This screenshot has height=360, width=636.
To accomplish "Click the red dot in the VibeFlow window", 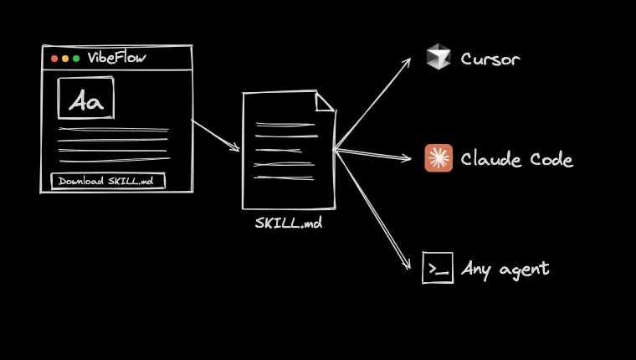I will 54,59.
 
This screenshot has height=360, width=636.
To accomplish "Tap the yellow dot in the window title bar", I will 65,59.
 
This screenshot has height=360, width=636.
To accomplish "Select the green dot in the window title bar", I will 76,59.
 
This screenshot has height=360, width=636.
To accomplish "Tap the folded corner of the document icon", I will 326,101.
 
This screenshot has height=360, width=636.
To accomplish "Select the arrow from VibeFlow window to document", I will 216,136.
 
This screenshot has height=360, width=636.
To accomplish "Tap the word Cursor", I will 490,59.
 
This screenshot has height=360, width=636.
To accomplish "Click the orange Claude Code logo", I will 439,158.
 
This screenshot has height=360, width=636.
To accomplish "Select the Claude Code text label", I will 516,159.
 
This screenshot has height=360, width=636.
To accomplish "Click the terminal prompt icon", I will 438,268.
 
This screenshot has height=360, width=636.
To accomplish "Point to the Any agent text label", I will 505,269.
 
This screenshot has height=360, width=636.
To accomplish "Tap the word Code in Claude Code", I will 551,159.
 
